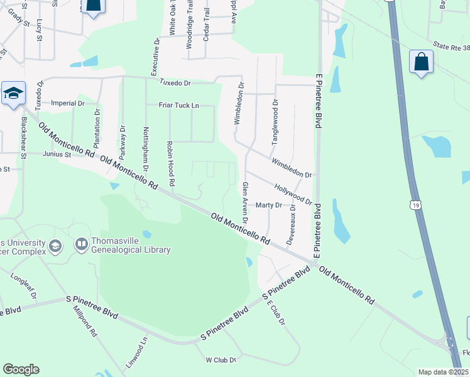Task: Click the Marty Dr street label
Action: click(x=268, y=205)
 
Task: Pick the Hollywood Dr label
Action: click(x=293, y=194)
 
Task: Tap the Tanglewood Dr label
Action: click(x=275, y=123)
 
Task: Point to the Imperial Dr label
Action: click(x=68, y=103)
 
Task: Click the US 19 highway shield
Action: click(x=415, y=205)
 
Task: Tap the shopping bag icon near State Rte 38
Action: click(x=420, y=63)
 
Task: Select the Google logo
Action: click(x=21, y=369)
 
